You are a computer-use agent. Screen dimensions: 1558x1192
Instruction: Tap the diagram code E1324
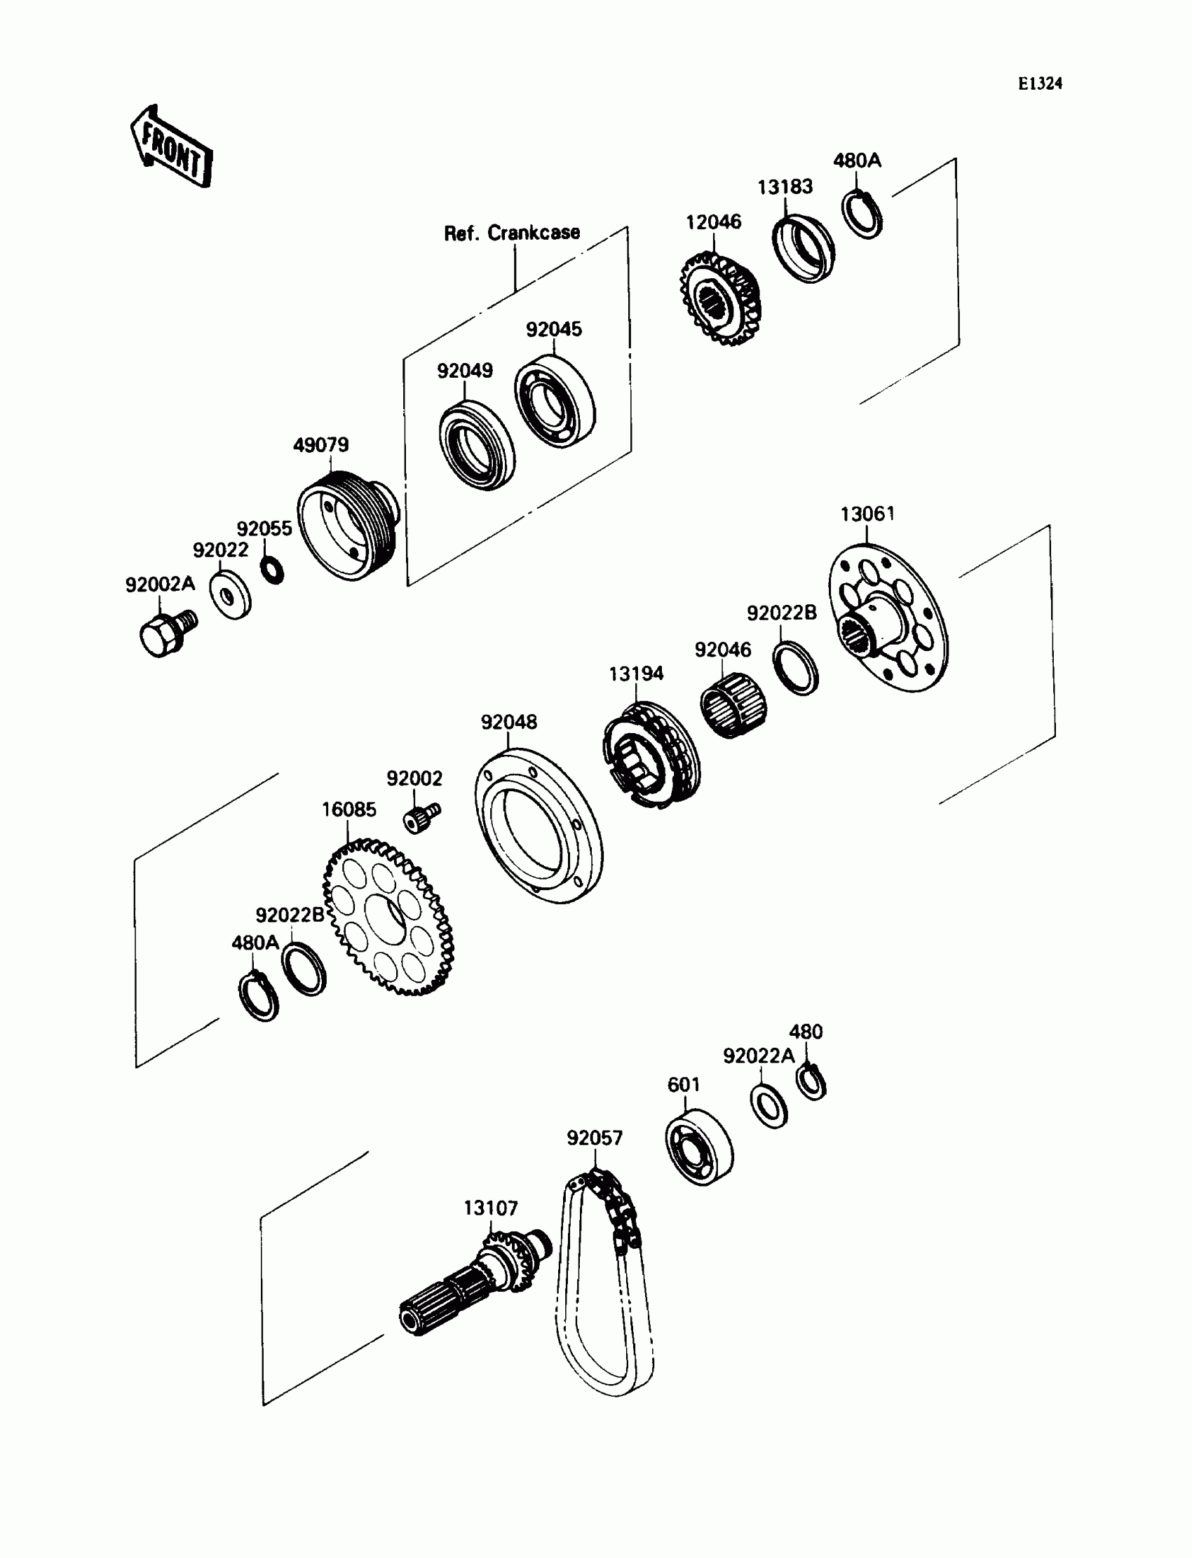click(1039, 83)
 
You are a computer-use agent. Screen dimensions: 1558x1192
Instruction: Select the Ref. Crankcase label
click(512, 233)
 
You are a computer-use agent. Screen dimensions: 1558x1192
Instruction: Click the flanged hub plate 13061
click(888, 617)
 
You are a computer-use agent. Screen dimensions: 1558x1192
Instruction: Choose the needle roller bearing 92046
click(733, 706)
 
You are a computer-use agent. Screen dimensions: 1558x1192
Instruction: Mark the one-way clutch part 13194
click(651, 755)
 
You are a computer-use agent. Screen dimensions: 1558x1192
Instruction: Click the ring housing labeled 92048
click(539, 826)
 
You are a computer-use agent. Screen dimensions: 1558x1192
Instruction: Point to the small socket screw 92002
click(421, 818)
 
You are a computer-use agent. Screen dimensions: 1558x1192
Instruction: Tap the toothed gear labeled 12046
click(719, 299)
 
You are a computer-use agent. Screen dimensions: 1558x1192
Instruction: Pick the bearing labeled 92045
click(554, 405)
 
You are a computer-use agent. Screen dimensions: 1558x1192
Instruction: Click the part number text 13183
click(784, 187)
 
